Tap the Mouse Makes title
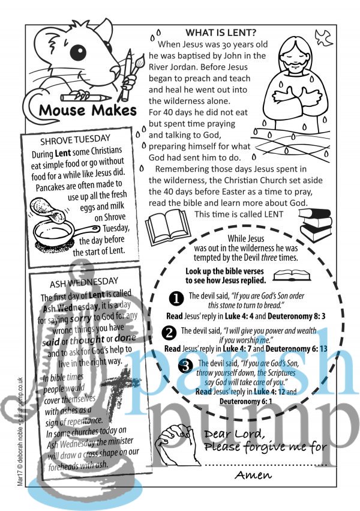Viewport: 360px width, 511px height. pos(88,110)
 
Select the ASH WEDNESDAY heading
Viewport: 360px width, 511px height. pos(84,281)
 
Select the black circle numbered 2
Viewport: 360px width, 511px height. pos(170,332)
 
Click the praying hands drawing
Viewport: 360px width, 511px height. pos(173,444)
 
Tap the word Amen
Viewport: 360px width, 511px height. pos(252,475)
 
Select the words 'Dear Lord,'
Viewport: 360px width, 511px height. pos(234,434)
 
